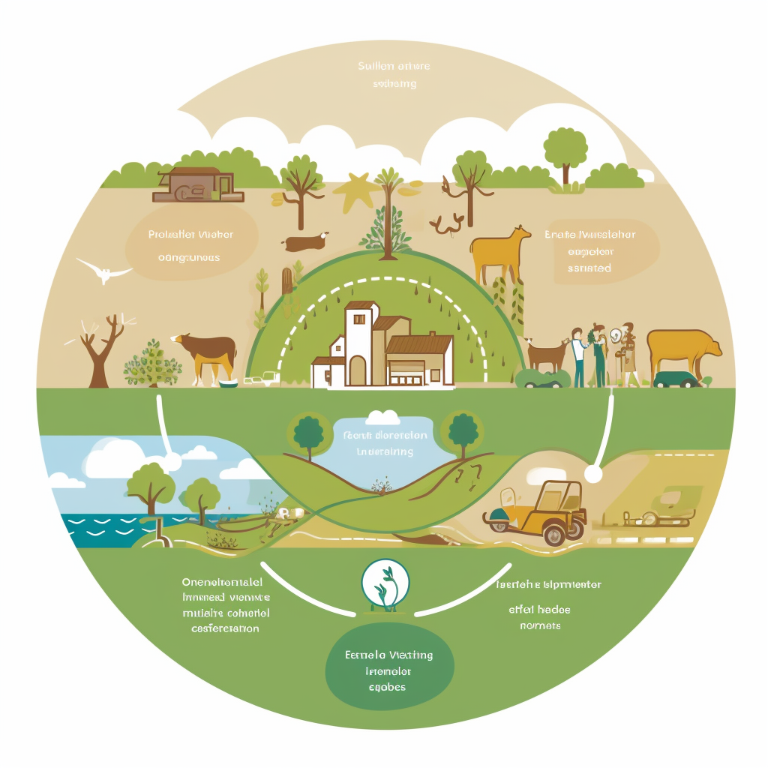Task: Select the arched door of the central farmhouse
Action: (358, 370)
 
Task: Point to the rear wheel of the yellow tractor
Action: (554, 533)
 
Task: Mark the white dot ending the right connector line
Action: (593, 474)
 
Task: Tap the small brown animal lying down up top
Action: (304, 242)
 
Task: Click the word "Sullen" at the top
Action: (376, 66)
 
